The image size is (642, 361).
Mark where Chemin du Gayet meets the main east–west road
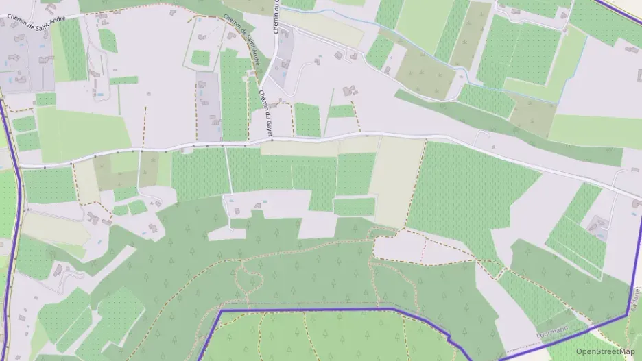(x=272, y=140)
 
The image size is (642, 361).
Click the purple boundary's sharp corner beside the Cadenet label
(x=628, y=315)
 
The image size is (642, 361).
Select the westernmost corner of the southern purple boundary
(x=221, y=311)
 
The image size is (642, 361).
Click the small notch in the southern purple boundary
(x=449, y=339)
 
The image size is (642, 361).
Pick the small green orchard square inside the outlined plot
(x=200, y=58)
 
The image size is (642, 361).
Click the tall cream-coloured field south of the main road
(x=398, y=182)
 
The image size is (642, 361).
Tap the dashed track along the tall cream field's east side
(x=416, y=185)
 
